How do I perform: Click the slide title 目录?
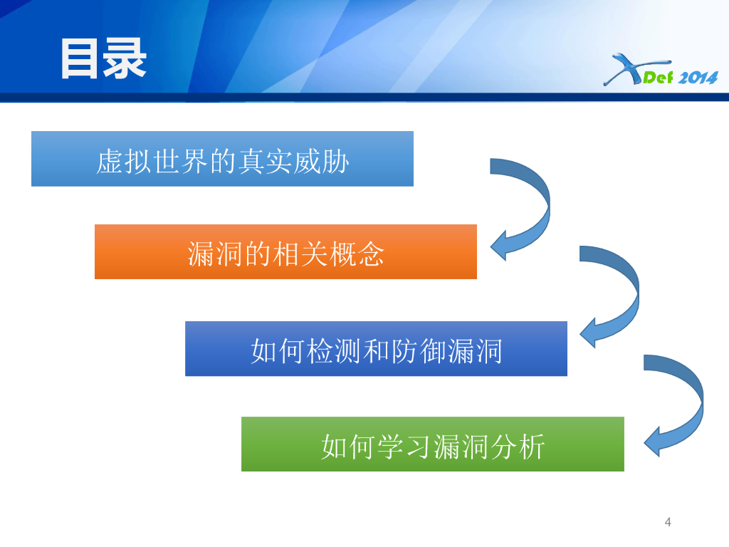(x=103, y=58)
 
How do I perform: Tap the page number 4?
(x=668, y=522)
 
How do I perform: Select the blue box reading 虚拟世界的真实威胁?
(x=222, y=159)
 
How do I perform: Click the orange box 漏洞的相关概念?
(x=285, y=252)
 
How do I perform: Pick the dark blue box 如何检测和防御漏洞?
(x=376, y=349)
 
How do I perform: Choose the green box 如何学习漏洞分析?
(x=432, y=444)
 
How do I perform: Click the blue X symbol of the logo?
(x=622, y=71)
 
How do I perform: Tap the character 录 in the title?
(x=125, y=58)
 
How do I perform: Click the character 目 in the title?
(x=80, y=58)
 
